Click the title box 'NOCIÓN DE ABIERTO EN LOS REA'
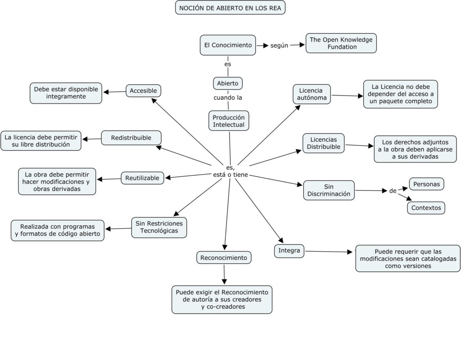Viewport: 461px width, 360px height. tap(230, 8)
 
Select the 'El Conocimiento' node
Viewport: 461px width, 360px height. tap(228, 45)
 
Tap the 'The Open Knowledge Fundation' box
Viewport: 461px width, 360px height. tap(341, 43)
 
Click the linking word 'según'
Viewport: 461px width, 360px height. tap(279, 45)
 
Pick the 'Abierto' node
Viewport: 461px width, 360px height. tap(228, 83)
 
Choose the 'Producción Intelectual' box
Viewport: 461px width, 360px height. tap(229, 121)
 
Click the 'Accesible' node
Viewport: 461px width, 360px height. tap(143, 91)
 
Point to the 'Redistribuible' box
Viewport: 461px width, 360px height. tap(131, 138)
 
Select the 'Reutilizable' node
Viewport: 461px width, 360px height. tap(142, 178)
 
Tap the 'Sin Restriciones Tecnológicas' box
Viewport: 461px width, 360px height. tap(159, 227)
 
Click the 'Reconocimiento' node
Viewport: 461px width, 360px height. tap(224, 257)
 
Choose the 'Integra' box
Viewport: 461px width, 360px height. tap(289, 251)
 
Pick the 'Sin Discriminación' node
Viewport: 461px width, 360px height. tap(329, 190)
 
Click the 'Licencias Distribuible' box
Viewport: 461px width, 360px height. tap(323, 143)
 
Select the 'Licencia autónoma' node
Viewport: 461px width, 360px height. tap(312, 94)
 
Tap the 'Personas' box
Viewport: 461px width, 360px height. tap(426, 184)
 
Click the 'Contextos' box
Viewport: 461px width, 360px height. tap(426, 207)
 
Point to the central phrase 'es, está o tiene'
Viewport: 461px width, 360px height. tap(230, 171)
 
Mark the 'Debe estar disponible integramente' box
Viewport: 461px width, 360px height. tap(66, 93)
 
